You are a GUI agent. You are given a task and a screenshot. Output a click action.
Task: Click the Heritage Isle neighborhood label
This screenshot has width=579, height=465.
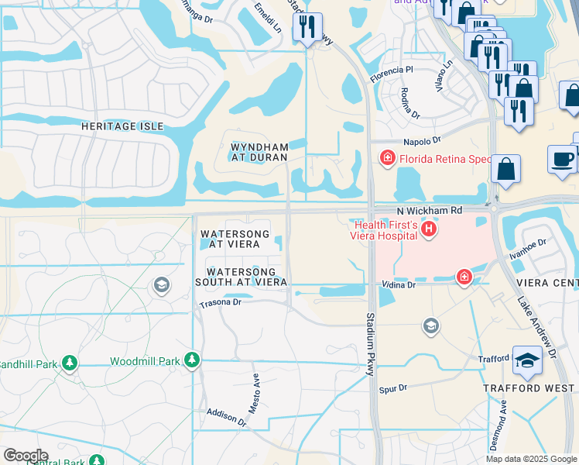tap(123, 126)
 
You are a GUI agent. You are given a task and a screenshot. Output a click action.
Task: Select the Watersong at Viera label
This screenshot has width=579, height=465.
tap(235, 239)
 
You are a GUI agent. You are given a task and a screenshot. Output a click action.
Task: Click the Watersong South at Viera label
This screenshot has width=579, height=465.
tap(241, 277)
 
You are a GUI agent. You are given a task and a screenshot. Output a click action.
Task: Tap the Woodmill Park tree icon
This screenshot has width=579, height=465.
tap(192, 360)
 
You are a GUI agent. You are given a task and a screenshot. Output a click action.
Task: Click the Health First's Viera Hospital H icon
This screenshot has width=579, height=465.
tap(427, 230)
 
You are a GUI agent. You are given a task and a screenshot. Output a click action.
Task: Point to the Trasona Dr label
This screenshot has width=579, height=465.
tap(221, 302)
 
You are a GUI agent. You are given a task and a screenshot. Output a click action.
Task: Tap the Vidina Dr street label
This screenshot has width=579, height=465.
tap(398, 285)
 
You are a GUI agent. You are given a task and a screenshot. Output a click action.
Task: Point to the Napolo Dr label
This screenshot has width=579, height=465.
tap(421, 141)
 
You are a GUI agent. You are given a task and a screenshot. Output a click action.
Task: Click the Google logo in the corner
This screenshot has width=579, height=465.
tap(25, 456)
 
